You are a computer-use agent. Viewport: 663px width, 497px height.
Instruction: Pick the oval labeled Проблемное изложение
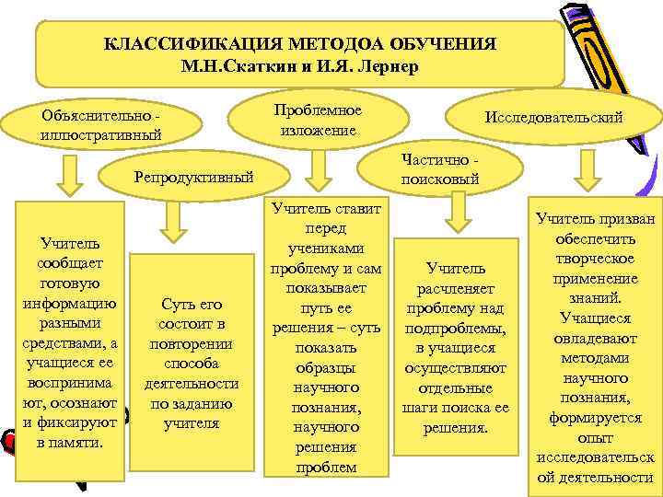click(318, 120)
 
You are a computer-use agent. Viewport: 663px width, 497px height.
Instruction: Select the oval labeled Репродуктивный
click(193, 177)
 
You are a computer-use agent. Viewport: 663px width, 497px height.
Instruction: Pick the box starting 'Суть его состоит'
click(192, 363)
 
